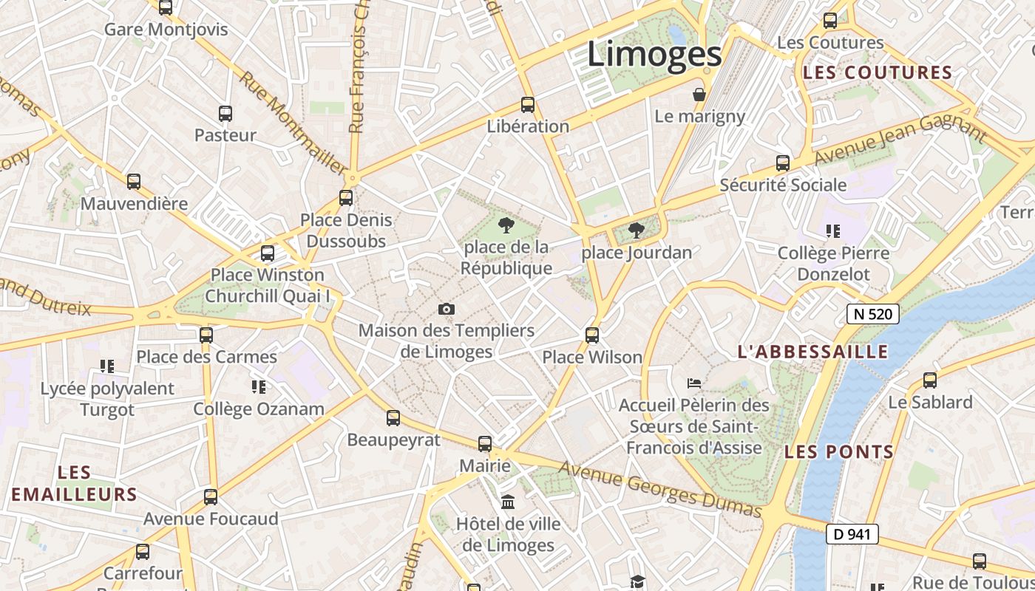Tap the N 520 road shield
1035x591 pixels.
(x=872, y=314)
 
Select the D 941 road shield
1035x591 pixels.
(x=852, y=534)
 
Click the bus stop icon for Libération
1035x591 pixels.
(x=527, y=105)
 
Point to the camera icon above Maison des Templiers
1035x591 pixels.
(x=447, y=309)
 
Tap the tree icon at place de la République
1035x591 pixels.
(x=506, y=225)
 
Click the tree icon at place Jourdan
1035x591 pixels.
(x=636, y=231)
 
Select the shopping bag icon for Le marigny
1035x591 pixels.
(x=699, y=95)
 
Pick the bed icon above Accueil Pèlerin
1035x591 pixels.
(x=693, y=383)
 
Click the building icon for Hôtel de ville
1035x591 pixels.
(x=508, y=502)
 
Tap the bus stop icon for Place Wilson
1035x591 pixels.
(x=591, y=335)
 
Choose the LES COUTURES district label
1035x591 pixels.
(x=878, y=72)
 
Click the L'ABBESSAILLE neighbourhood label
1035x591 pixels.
(x=812, y=352)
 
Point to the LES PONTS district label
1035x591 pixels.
(x=839, y=451)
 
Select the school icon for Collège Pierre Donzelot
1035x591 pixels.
(x=833, y=231)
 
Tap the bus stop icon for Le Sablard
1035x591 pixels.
(x=930, y=380)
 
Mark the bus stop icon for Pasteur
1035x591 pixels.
(x=225, y=114)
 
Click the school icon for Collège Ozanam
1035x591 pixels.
(x=258, y=386)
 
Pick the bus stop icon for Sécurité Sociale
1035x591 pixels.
(x=783, y=163)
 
